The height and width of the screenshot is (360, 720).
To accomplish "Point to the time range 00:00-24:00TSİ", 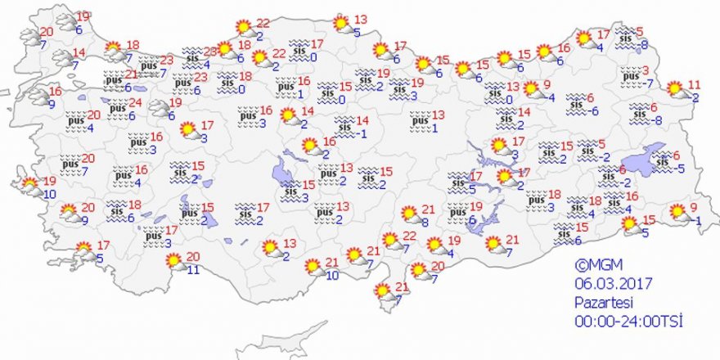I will (628, 320).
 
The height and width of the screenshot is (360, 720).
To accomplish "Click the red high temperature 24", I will (135, 103).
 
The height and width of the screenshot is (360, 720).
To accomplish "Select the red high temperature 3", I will (646, 70).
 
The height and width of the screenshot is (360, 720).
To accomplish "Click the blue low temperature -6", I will (595, 111).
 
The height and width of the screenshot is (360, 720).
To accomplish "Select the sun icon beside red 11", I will (675, 89).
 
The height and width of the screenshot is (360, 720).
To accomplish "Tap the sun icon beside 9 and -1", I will (677, 213).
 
